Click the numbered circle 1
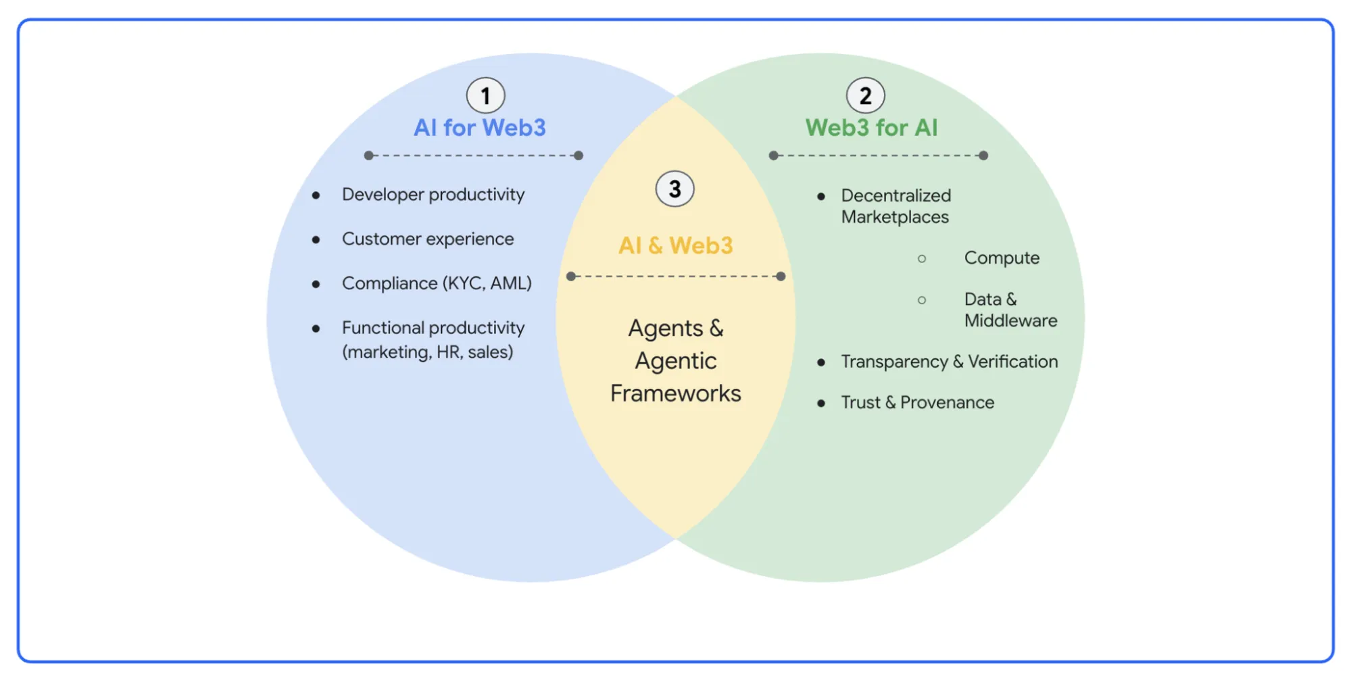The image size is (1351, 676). tap(485, 96)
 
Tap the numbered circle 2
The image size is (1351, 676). tap(865, 96)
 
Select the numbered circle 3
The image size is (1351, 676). tap(674, 189)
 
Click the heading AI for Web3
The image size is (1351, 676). tap(479, 128)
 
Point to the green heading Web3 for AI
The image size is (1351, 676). tap(871, 128)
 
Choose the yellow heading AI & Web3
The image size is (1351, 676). tap(675, 245)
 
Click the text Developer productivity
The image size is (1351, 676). tap(433, 195)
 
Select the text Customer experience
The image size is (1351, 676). tap(428, 239)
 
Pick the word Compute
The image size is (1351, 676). tap(1002, 258)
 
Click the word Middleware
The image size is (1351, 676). tap(1010, 320)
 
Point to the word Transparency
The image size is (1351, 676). tap(894, 362)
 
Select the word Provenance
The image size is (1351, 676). tap(947, 403)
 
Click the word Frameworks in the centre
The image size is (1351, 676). tap(675, 393)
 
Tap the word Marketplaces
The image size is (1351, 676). tap(895, 217)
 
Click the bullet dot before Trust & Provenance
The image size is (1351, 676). tap(820, 404)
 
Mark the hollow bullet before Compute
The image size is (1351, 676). tap(921, 259)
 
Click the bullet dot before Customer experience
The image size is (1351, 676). tap(316, 240)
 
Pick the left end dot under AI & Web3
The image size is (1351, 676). tap(571, 276)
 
